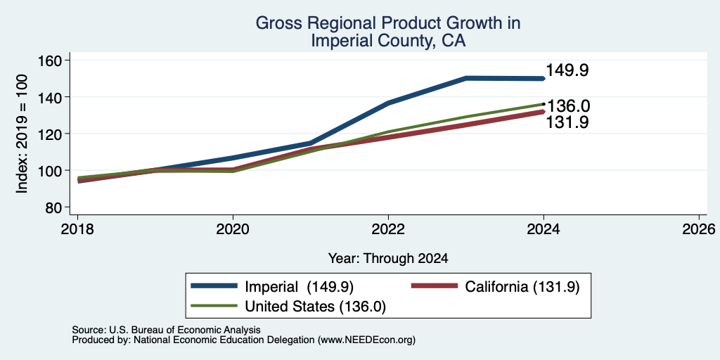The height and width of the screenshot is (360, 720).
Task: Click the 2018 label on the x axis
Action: (77, 229)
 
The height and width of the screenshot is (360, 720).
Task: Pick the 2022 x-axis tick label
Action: (388, 229)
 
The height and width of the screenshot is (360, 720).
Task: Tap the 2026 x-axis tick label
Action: (699, 229)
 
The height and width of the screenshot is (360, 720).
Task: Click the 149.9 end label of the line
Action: (567, 71)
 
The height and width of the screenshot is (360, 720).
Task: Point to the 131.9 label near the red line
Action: (567, 122)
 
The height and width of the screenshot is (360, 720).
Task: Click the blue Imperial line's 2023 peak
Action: (466, 78)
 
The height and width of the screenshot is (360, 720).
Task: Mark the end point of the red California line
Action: (544, 112)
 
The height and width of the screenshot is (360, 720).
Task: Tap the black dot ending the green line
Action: (544, 104)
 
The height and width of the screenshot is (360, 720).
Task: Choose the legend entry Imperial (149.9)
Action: (299, 287)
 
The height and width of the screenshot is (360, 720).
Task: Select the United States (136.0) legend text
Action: (316, 307)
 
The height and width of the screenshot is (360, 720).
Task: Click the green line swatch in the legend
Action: (214, 306)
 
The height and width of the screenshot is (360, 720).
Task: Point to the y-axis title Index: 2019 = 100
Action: (22, 134)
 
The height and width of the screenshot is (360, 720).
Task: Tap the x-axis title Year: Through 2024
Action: (388, 259)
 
